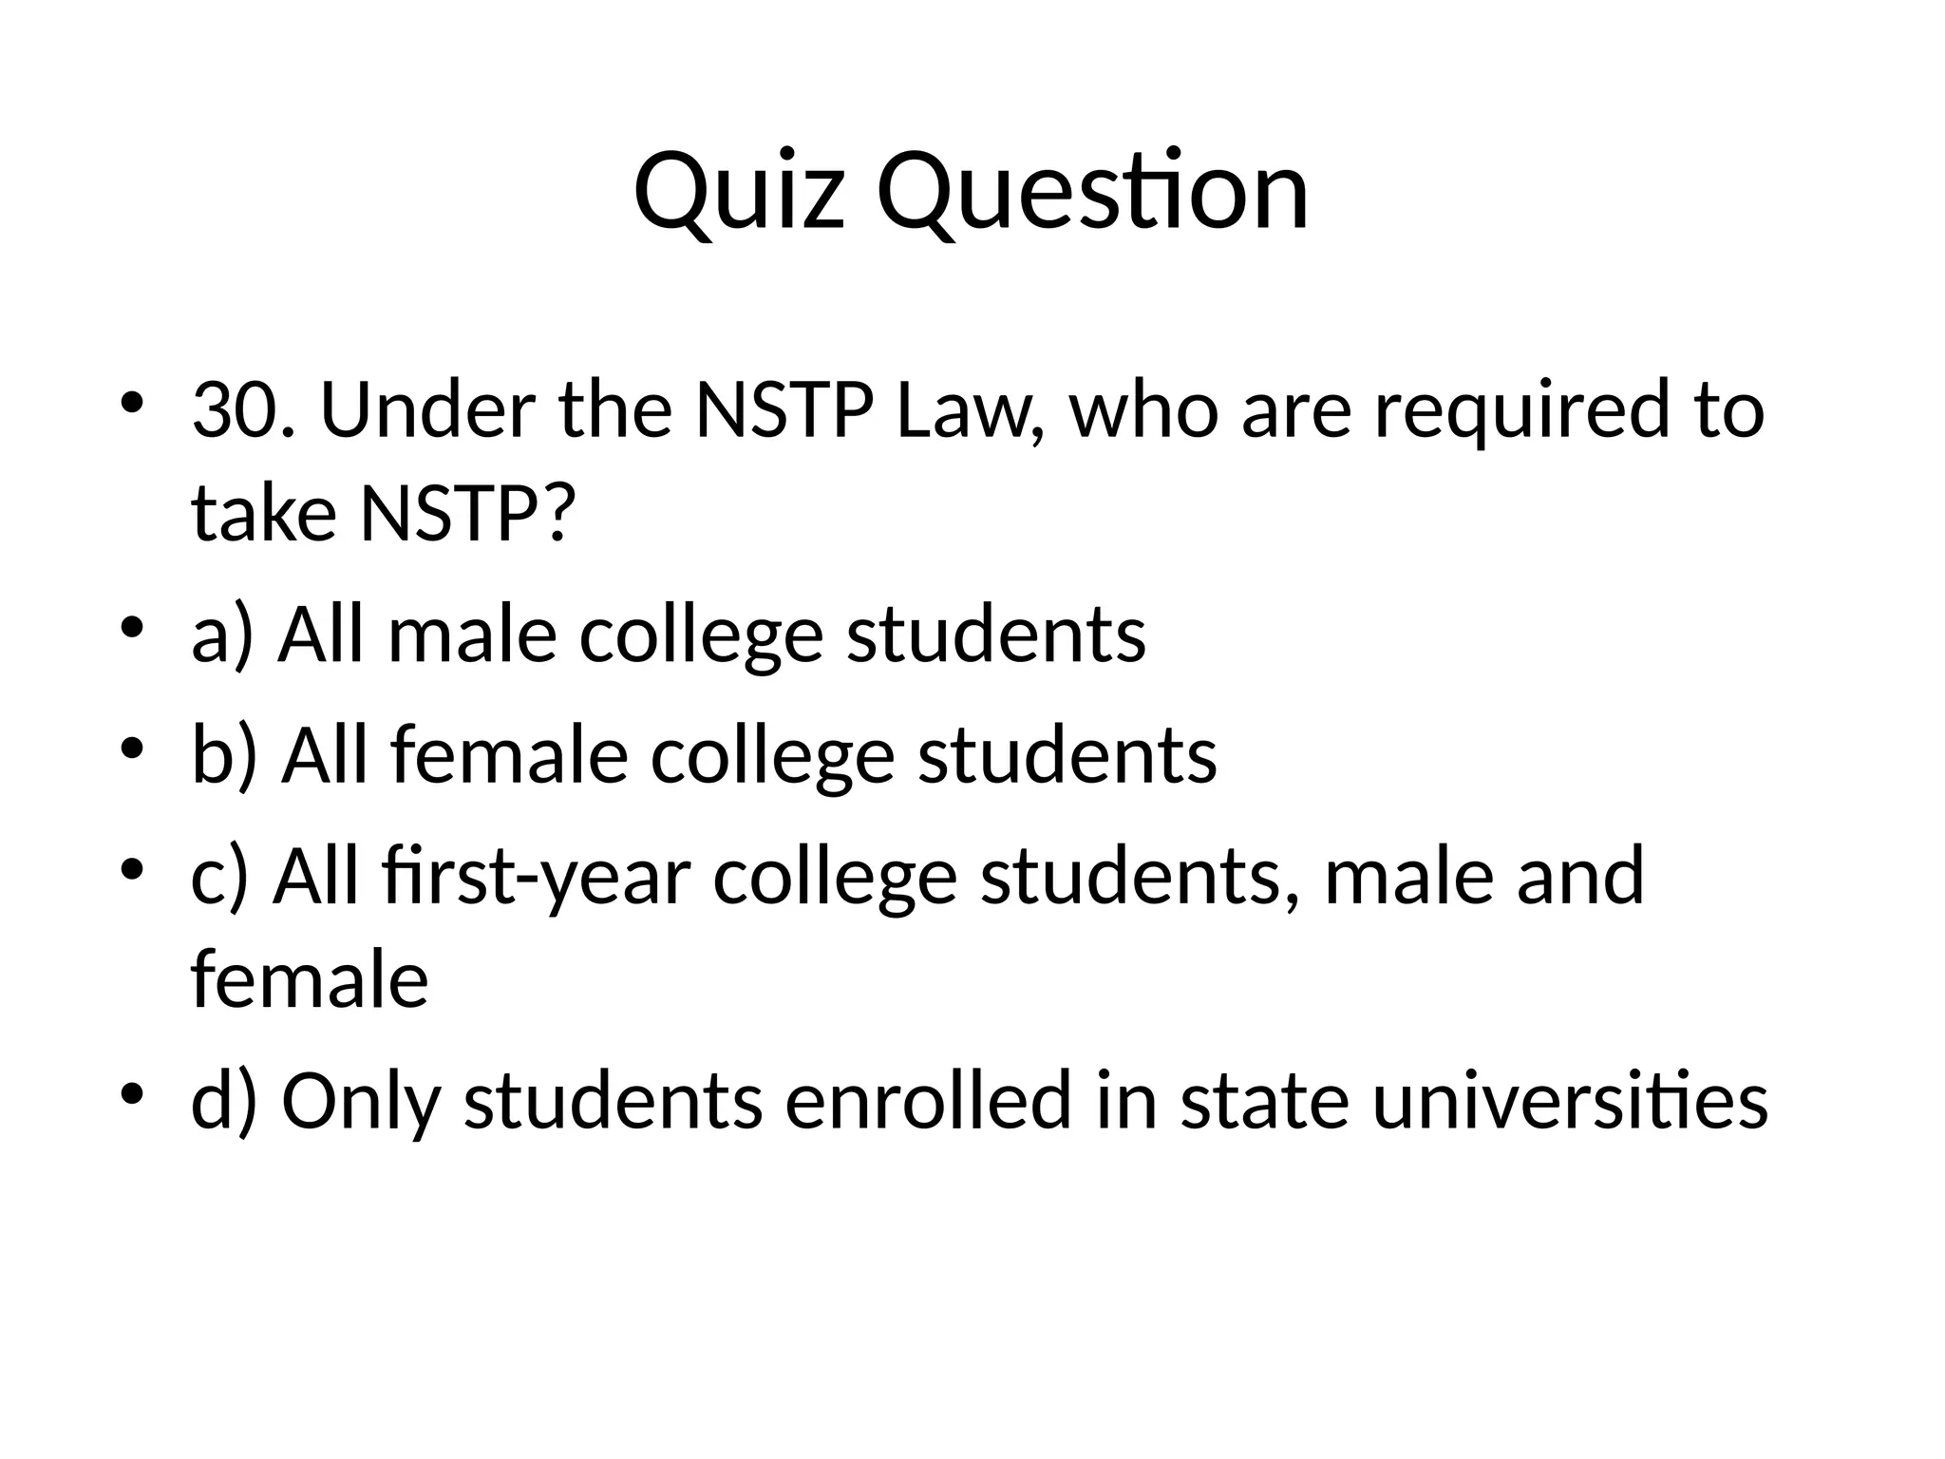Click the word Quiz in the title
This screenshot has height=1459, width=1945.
pos(738,193)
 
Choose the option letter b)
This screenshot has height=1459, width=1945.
pos(224,756)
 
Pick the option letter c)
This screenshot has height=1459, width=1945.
pos(219,877)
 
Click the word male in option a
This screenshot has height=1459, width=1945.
pos(472,635)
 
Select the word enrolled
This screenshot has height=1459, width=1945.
pos(928,1100)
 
